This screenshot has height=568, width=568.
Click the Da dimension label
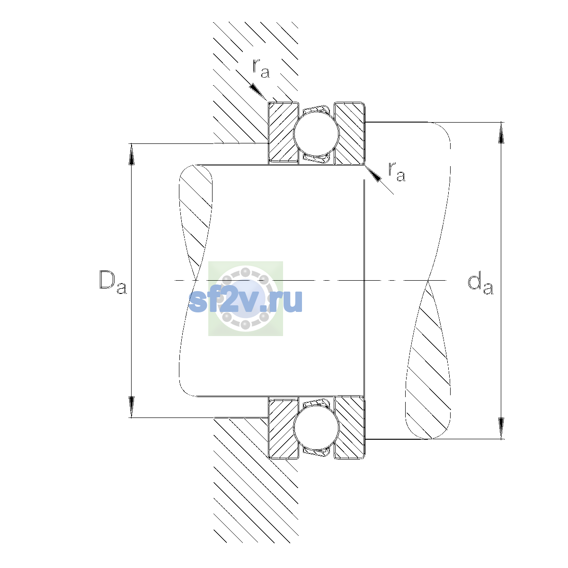(x=113, y=283)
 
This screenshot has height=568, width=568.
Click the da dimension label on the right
(x=480, y=284)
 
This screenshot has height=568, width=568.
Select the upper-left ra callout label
(x=260, y=68)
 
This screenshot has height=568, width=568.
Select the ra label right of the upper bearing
(x=397, y=171)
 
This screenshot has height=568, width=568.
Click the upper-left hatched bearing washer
(x=283, y=133)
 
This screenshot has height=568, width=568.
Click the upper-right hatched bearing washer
(x=350, y=133)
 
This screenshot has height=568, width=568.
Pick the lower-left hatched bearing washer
(x=283, y=428)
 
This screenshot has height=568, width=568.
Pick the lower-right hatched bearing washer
(x=350, y=428)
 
